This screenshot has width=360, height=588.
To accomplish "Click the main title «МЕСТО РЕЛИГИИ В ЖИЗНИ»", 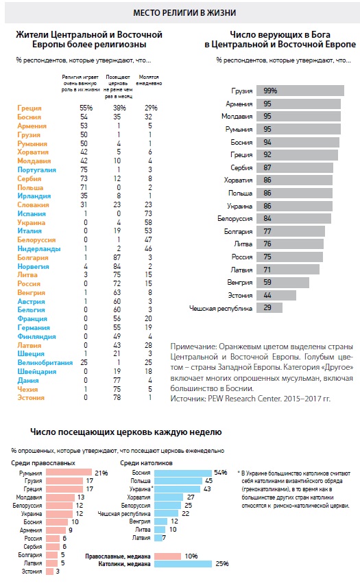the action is pos(184,13).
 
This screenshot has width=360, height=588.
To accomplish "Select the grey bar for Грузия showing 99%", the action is pos(300,91).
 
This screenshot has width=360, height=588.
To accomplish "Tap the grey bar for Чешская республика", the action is pos(269,308).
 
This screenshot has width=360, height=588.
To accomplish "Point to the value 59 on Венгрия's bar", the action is pos(267,282).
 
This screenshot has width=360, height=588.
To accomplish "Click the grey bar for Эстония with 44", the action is pos(276,295).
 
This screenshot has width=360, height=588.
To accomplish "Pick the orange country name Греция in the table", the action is pos(29,108).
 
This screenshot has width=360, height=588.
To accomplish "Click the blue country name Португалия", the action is pos(37,169).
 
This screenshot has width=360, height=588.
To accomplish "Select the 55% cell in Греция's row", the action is pos(86,108).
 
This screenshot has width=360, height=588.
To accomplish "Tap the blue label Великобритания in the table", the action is pos(45,363).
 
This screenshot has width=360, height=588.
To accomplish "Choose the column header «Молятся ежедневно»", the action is pos(149,80).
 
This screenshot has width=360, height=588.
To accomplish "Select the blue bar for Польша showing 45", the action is pos(178,481).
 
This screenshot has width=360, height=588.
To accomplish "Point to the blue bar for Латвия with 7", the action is pos(158,538).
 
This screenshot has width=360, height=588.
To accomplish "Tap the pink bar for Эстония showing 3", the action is pos(49,571).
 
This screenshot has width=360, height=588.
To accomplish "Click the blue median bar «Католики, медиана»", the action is pos(183,563).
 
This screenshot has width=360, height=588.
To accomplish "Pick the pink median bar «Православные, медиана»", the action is pos(167,556).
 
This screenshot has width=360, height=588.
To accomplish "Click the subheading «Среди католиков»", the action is pos(146,463).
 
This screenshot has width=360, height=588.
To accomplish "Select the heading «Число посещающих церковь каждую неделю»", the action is pos(126,432).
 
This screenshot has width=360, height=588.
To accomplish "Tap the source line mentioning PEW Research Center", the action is pos(250,398).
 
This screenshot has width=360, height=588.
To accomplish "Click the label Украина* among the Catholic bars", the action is pos(141,489).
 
